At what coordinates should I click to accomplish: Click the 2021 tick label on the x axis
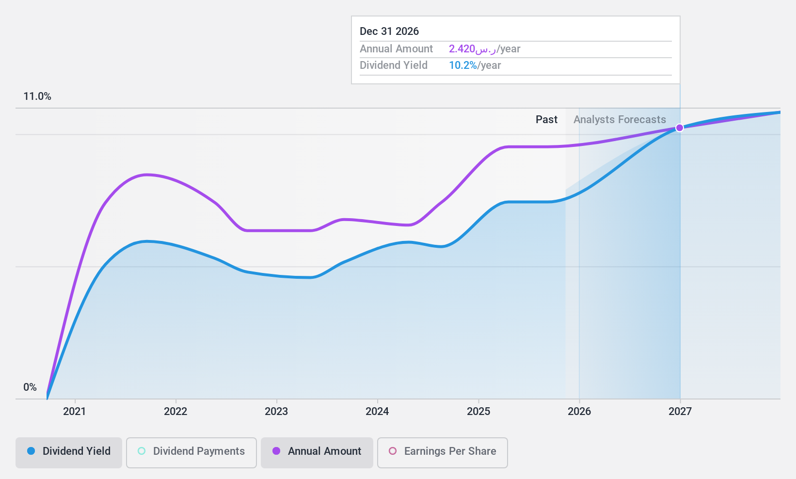pyautogui.click(x=75, y=411)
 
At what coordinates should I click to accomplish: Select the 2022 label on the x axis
pyautogui.click(x=175, y=411)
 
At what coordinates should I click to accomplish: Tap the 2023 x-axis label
pyautogui.click(x=276, y=411)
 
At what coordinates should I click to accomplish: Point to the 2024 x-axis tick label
pyautogui.click(x=377, y=411)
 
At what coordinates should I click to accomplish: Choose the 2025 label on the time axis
pyautogui.click(x=478, y=411)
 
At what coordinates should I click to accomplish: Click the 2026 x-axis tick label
pyautogui.click(x=579, y=411)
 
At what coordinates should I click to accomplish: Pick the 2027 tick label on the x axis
pyautogui.click(x=680, y=411)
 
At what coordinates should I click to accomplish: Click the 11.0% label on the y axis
pyautogui.click(x=37, y=96)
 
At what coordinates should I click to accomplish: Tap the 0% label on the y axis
pyautogui.click(x=30, y=387)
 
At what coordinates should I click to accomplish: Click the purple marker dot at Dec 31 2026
pyautogui.click(x=680, y=128)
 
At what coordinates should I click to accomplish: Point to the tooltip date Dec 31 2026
pyautogui.click(x=389, y=31)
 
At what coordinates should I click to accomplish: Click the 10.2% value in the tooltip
pyautogui.click(x=463, y=65)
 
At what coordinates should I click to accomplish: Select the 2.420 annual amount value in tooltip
pyautogui.click(x=462, y=48)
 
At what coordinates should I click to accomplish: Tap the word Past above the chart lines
pyautogui.click(x=546, y=119)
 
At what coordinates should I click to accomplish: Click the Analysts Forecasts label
pyautogui.click(x=620, y=119)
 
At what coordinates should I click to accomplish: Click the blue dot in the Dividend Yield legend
pyautogui.click(x=31, y=451)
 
